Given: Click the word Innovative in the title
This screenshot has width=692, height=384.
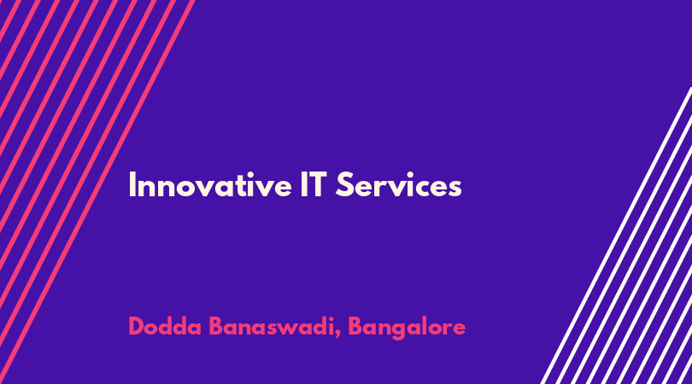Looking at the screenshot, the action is click(210, 185).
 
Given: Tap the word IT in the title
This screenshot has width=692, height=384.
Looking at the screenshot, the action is click(314, 184).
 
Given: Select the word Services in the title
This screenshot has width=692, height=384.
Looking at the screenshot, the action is click(398, 185).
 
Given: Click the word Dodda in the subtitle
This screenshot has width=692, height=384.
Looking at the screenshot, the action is click(165, 327).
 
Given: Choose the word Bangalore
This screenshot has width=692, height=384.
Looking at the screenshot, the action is click(407, 328).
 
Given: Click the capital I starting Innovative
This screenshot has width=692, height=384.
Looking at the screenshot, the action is click(132, 184).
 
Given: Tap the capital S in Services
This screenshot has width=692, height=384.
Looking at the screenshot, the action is click(345, 184).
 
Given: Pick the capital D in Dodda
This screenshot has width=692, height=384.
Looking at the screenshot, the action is click(137, 327).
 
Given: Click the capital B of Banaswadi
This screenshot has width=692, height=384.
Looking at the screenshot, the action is click(216, 327).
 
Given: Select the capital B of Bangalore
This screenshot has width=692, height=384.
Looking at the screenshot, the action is click(355, 327).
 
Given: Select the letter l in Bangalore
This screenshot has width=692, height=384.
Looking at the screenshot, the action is click(427, 326).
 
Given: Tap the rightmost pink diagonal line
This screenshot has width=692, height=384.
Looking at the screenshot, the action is click(97, 192).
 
